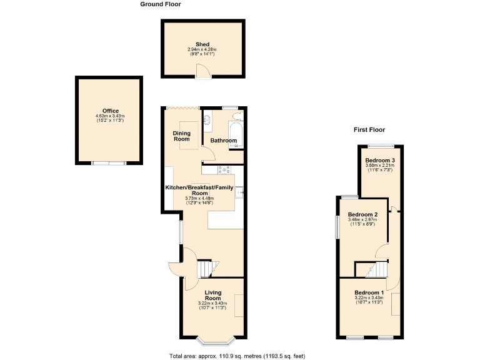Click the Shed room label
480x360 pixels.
pyautogui.click(x=202, y=44)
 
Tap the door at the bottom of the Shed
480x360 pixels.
pyautogui.click(x=202, y=75)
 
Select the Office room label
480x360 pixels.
pyautogui.click(x=111, y=111)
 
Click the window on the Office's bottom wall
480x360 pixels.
pyautogui.click(x=107, y=163)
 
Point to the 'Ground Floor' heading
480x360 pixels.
pyautogui.click(x=160, y=4)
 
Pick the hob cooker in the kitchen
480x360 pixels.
pyautogui.click(x=224, y=169)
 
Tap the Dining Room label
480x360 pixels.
pyautogui.click(x=181, y=136)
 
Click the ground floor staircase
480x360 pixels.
pyautogui.click(x=206, y=269)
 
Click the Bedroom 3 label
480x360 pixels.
pyautogui.click(x=380, y=161)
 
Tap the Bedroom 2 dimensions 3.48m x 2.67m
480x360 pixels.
pyautogui.click(x=362, y=221)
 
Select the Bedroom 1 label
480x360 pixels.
pyautogui.click(x=369, y=293)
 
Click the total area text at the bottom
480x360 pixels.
pyautogui.click(x=237, y=356)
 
